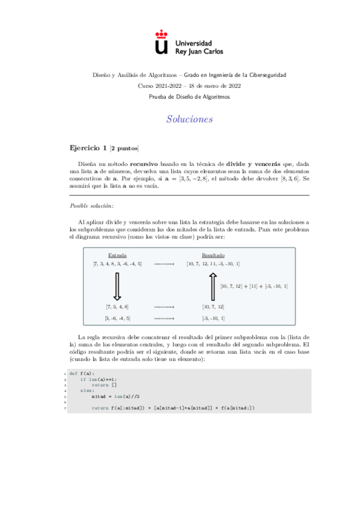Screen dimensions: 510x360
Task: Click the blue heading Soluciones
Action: tap(190, 119)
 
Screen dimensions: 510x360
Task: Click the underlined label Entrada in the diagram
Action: tap(117, 256)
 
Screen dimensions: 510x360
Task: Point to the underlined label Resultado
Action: tap(213, 256)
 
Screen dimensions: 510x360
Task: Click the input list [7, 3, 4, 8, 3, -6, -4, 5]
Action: tap(118, 264)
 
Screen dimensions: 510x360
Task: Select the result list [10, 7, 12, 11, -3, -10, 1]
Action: tap(213, 264)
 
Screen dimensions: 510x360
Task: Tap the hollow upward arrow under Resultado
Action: tap(213, 287)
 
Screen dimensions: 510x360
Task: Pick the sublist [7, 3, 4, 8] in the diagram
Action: tap(117, 307)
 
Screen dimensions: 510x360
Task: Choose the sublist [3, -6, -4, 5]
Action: tap(117, 318)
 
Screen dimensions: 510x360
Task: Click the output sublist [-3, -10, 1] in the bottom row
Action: tap(213, 318)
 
